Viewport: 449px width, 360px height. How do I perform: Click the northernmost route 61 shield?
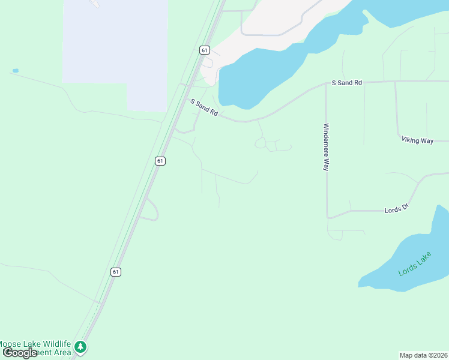pyautogui.click(x=205, y=50)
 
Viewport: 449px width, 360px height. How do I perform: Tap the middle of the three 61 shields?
pyautogui.click(x=160, y=161)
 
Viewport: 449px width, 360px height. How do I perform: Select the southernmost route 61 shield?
pyautogui.click(x=116, y=272)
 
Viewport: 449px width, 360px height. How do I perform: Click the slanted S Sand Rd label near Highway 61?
pyautogui.click(x=203, y=107)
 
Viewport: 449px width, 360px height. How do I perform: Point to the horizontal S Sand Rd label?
pyautogui.click(x=347, y=82)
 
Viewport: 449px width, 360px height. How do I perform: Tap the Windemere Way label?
pyautogui.click(x=326, y=147)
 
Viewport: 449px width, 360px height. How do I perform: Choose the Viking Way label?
pyautogui.click(x=417, y=140)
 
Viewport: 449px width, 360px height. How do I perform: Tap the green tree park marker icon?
pyautogui.click(x=80, y=347)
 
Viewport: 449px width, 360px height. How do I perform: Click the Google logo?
pyautogui.click(x=20, y=353)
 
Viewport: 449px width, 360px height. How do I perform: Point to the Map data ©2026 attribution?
pyautogui.click(x=423, y=355)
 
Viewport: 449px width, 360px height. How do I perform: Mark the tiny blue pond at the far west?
pyautogui.click(x=16, y=71)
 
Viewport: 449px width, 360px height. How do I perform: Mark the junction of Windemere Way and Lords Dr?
pyautogui.click(x=327, y=217)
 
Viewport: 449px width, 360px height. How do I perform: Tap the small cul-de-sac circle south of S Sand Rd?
pyautogui.click(x=261, y=143)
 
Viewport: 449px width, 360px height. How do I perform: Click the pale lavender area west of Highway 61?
pyautogui.click(x=114, y=48)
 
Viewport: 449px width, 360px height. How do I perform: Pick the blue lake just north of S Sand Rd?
pyautogui.click(x=258, y=72)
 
